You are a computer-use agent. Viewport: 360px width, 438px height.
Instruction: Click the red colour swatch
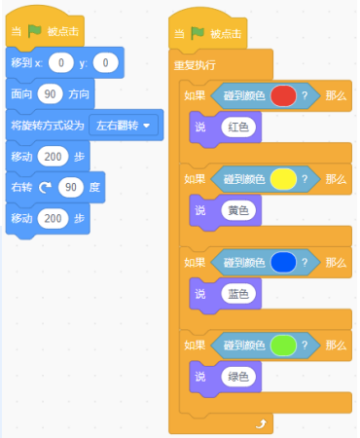[x=282, y=96]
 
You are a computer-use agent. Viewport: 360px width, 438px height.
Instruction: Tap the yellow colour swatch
[x=282, y=179]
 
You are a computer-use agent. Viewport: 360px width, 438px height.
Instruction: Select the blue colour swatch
[x=282, y=261]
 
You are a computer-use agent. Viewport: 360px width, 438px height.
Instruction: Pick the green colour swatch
[x=282, y=344]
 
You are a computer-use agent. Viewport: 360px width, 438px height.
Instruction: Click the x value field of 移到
[x=62, y=63]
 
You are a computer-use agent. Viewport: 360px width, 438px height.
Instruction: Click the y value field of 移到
[x=105, y=63]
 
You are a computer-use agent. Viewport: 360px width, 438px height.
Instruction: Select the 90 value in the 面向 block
[x=51, y=94]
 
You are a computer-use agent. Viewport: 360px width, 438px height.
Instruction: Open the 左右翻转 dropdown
[x=123, y=126]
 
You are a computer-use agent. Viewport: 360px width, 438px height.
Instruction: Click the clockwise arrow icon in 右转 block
[x=46, y=187]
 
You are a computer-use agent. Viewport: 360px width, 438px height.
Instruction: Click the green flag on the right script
[x=197, y=32]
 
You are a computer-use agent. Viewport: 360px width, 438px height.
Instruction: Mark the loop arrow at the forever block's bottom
[x=261, y=423]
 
